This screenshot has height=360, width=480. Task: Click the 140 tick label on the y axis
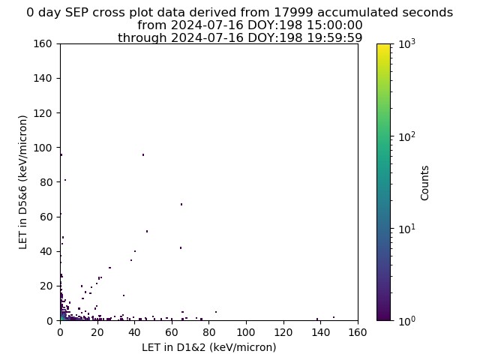pyautogui.click(x=43, y=78)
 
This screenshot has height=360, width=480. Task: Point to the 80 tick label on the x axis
pyautogui.click(x=208, y=332)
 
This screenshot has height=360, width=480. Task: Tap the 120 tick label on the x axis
pyautogui.click(x=283, y=332)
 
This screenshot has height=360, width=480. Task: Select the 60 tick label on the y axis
pyautogui.click(x=46, y=217)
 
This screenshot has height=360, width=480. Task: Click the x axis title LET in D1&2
pyautogui.click(x=209, y=347)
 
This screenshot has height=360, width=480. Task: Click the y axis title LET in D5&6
pyautogui.click(x=23, y=182)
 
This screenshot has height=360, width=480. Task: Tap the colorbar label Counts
pyautogui.click(x=424, y=183)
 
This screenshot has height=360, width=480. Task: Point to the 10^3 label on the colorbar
pyautogui.click(x=407, y=43)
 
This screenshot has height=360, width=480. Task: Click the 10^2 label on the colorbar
pyautogui.click(x=407, y=136)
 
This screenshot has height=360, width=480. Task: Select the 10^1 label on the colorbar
pyautogui.click(x=407, y=228)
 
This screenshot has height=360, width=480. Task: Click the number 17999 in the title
pyautogui.click(x=293, y=13)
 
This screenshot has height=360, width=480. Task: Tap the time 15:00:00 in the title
pyautogui.click(x=334, y=25)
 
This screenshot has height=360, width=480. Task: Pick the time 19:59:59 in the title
pyautogui.click(x=334, y=37)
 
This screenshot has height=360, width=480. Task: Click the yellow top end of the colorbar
pyautogui.click(x=383, y=45)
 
